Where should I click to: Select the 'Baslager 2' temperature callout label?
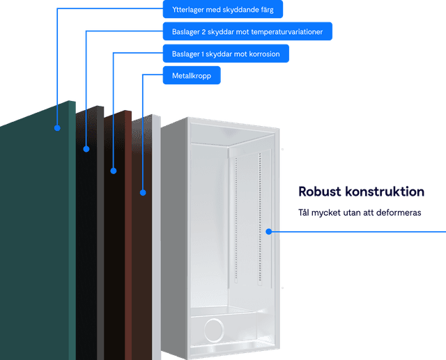point(247,31)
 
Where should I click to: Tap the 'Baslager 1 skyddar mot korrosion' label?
point(225,54)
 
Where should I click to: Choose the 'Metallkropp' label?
point(192,75)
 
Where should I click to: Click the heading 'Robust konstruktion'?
point(361,191)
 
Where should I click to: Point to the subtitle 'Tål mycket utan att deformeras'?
point(359,212)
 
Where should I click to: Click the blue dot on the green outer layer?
point(58,127)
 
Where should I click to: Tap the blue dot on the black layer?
point(86,148)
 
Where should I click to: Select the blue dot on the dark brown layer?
point(114,170)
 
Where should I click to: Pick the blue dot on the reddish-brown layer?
point(143,191)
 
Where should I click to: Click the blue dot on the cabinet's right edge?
point(269,231)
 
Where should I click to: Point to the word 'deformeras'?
point(399,212)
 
